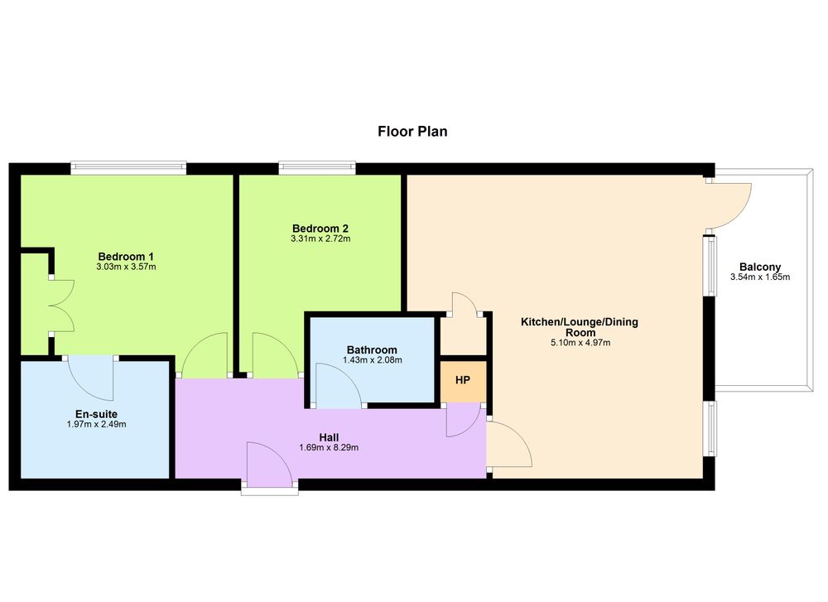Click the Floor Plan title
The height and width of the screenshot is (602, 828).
coord(412,132)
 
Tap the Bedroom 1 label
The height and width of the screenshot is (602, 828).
coord(126,257)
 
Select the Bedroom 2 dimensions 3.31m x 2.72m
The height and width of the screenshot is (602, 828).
coord(320,238)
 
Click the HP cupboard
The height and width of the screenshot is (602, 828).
coord(463,380)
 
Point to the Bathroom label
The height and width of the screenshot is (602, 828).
coord(372,349)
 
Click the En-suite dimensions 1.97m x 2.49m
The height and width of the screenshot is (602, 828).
coord(97,424)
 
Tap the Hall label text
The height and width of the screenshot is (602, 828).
coord(329,437)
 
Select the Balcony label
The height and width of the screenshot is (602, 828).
coord(760,267)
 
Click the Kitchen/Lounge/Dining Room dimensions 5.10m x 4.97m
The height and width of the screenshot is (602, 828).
coord(580,343)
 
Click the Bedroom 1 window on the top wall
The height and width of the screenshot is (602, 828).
coord(128,168)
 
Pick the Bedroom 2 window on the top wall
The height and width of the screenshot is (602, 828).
coord(317,168)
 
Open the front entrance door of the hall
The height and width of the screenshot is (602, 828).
coord(270,465)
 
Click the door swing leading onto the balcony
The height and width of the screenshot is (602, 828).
coord(729,207)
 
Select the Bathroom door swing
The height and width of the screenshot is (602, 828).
coord(339,385)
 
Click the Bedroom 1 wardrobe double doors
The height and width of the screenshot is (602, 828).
coord(62,306)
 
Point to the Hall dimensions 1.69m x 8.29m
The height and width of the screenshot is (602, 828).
coord(329,447)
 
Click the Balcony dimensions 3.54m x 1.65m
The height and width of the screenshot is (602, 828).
coord(760,277)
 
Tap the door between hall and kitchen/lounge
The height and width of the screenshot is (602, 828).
coord(509,445)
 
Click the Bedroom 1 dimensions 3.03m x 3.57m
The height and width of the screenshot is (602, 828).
coord(126,267)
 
